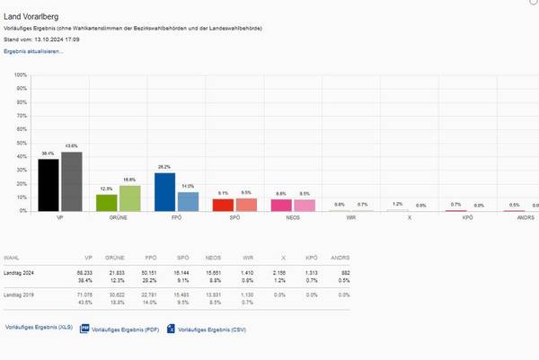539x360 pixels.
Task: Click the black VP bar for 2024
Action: pyautogui.click(x=49, y=185)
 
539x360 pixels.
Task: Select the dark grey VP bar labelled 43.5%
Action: pyautogui.click(x=71, y=181)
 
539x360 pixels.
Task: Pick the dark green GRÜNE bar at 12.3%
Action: pyautogui.click(x=107, y=202)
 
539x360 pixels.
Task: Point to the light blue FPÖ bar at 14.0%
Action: pyautogui.click(x=188, y=201)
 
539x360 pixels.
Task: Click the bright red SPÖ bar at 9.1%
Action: pyautogui.click(x=223, y=205)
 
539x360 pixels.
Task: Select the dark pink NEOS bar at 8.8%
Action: pyautogui.click(x=281, y=205)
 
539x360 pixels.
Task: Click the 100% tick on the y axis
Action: pyautogui.click(x=20, y=75)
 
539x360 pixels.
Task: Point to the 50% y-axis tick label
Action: pyautogui.click(x=21, y=143)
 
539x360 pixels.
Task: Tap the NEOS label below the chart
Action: pyautogui.click(x=293, y=218)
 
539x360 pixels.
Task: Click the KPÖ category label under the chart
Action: pyautogui.click(x=467, y=218)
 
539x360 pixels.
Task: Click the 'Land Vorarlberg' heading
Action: pyautogui.click(x=32, y=16)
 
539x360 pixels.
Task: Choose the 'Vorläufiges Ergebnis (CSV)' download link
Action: pyautogui.click(x=211, y=329)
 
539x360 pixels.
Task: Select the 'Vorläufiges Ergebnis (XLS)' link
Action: pyautogui.click(x=39, y=328)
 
